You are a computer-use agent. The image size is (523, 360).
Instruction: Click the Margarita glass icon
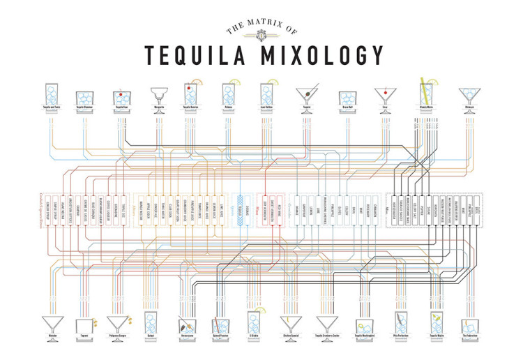[x=158, y=98]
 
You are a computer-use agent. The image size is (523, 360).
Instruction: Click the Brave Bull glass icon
[x=347, y=98]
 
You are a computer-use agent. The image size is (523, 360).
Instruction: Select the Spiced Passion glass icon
[x=221, y=323]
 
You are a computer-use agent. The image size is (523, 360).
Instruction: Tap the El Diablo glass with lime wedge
[x=254, y=322]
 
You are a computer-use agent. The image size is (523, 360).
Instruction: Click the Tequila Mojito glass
[x=437, y=323]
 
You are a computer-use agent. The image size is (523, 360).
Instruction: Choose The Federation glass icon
[x=471, y=325]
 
